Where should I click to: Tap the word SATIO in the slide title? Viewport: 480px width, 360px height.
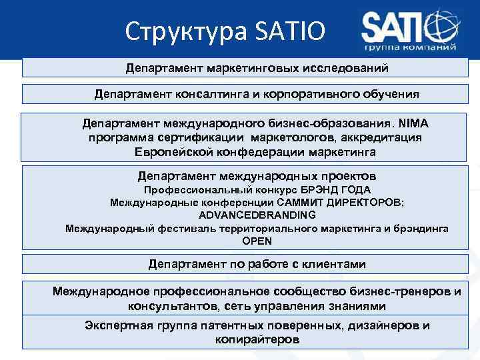coord(291,31)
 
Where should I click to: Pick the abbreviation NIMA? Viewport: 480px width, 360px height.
coord(414,124)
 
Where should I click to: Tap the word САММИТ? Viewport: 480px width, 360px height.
coord(315,203)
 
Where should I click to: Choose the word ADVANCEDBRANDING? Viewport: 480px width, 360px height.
coord(257,215)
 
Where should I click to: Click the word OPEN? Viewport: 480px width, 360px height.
coord(257,241)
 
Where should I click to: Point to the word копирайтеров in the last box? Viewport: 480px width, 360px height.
coord(257,339)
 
